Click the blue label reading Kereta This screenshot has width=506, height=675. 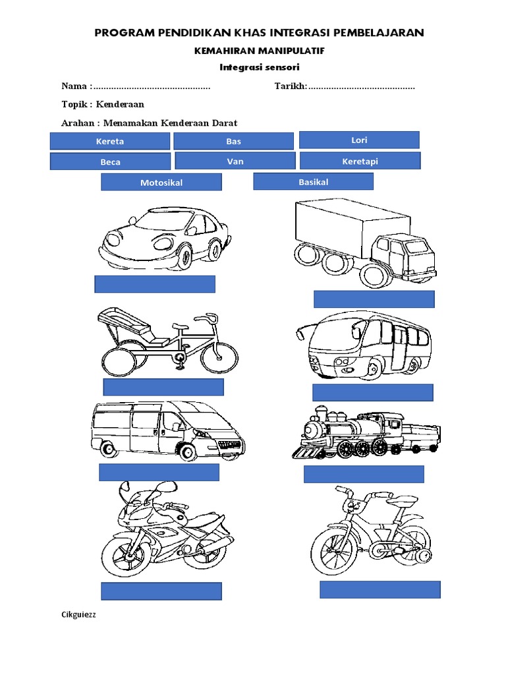pos(109,141)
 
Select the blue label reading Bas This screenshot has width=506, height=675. pos(233,141)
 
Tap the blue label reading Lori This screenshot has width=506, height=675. pos(359,140)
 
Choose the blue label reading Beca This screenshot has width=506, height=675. pos(110,161)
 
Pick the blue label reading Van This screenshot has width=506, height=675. pos(235,161)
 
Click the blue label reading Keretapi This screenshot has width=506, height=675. pos(360,161)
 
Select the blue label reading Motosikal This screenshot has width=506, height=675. pos(161,182)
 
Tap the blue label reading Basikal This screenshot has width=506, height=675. pos(313,181)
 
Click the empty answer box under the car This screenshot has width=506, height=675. pos(155,284)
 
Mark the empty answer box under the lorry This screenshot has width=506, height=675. pos(374,299)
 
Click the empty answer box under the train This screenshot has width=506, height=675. pos(364,474)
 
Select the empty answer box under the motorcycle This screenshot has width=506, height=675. pos(161,591)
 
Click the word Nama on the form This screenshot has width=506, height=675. pos(74,86)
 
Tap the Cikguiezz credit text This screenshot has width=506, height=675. pos(78,615)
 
